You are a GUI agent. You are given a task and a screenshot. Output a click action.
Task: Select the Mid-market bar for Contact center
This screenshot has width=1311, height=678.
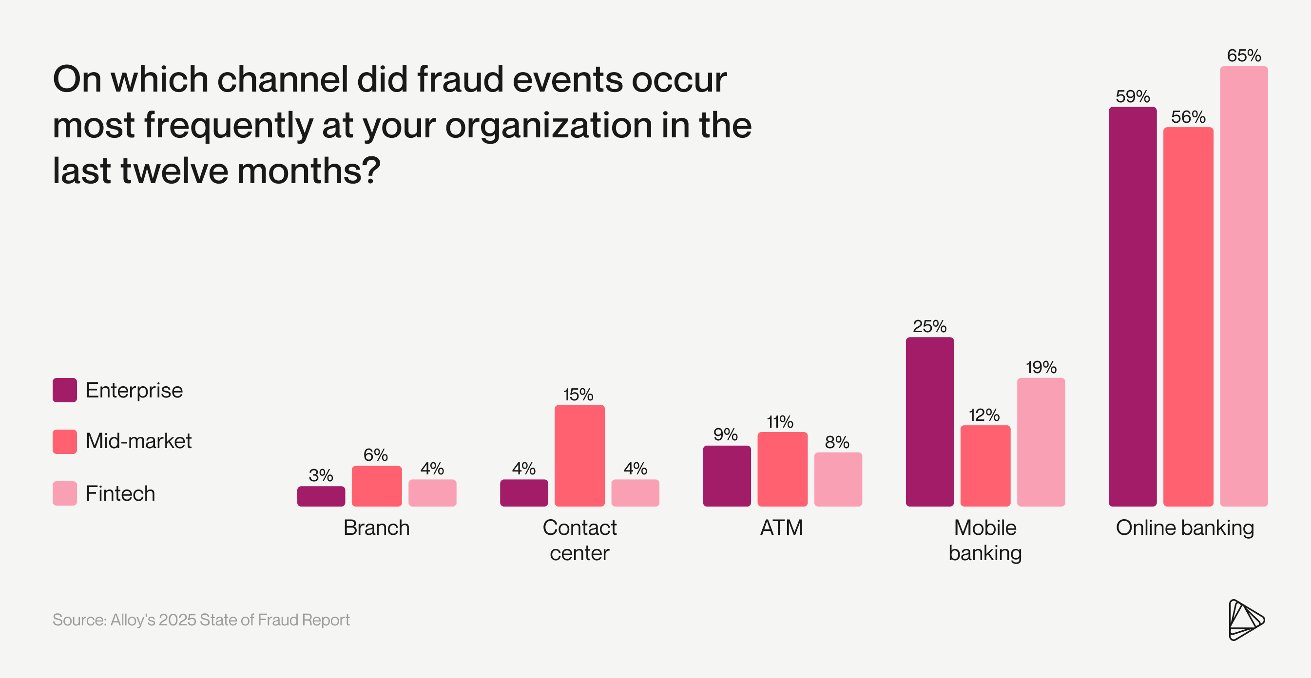[x=579, y=455]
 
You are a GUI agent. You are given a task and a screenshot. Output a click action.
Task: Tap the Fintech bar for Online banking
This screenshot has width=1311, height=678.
[x=1243, y=286]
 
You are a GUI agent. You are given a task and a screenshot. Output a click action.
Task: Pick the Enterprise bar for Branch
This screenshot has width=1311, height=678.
[x=321, y=496]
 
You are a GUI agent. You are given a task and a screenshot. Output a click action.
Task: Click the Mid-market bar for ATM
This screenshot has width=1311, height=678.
[x=782, y=469]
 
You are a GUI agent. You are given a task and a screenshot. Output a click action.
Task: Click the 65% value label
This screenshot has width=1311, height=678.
[x=1243, y=56]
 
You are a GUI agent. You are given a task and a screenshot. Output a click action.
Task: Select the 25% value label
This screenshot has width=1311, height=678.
[x=929, y=326]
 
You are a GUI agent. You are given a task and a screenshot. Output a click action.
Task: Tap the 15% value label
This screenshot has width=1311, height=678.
[x=578, y=394]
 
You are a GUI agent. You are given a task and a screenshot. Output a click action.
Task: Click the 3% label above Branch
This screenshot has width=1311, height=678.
[x=321, y=475]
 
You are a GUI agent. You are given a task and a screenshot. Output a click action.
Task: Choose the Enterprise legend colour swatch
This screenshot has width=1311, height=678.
[x=65, y=390]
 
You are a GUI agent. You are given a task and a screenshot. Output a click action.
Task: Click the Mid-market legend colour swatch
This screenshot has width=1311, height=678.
[x=65, y=441]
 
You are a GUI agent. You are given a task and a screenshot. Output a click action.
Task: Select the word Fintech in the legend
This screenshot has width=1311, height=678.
[x=120, y=493]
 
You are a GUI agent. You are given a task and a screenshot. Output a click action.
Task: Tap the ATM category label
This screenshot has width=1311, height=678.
[x=782, y=527]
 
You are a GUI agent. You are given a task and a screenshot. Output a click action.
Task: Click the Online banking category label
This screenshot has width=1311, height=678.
[x=1185, y=527]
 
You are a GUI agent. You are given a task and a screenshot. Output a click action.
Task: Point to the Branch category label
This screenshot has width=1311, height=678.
[x=376, y=527]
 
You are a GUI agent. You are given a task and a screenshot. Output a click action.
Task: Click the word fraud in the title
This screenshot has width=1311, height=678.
[x=460, y=79]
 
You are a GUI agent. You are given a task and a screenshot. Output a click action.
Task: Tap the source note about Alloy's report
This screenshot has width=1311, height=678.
[x=201, y=620]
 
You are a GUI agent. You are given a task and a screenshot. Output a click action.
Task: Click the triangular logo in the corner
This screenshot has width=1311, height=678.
[x=1245, y=620]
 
